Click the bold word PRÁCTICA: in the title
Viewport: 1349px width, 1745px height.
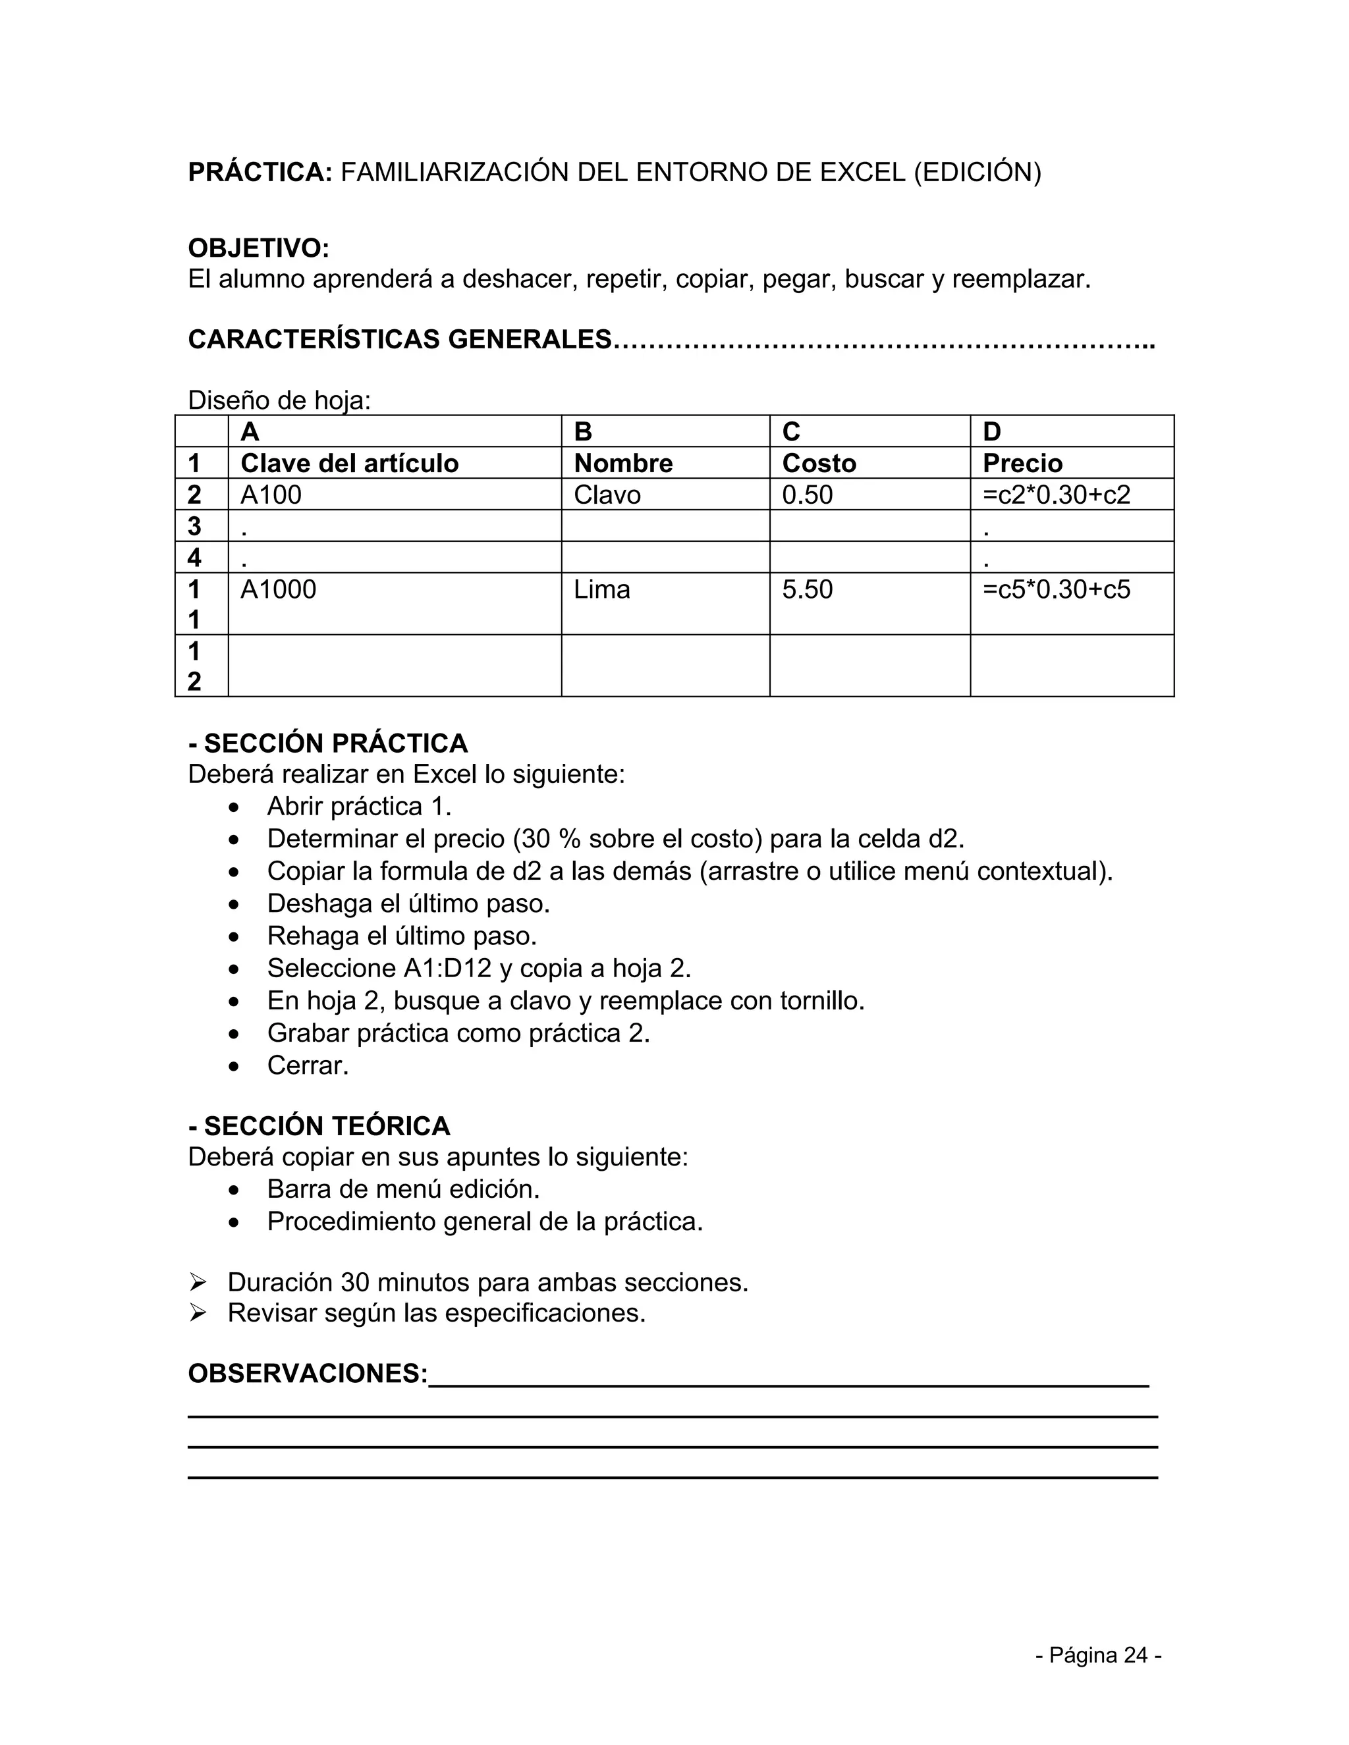click(x=260, y=173)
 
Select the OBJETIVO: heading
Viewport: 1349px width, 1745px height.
click(x=258, y=248)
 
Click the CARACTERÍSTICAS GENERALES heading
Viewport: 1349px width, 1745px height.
click(x=400, y=340)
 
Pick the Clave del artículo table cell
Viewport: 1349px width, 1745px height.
click(x=349, y=464)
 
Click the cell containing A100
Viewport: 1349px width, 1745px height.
click(x=271, y=495)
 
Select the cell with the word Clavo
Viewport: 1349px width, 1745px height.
click(x=607, y=495)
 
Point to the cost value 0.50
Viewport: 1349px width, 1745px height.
click(x=807, y=495)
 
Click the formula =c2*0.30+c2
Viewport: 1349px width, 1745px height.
click(x=1056, y=495)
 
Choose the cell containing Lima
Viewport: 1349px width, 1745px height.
click(x=602, y=589)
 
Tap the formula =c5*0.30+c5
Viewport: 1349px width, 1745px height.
click(x=1056, y=589)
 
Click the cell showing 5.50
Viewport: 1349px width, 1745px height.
click(x=807, y=589)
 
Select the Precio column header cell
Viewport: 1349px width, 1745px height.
click(x=1022, y=464)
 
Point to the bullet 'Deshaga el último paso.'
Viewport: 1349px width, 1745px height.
click(x=408, y=903)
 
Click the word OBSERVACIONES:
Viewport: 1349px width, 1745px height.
click(x=308, y=1374)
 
